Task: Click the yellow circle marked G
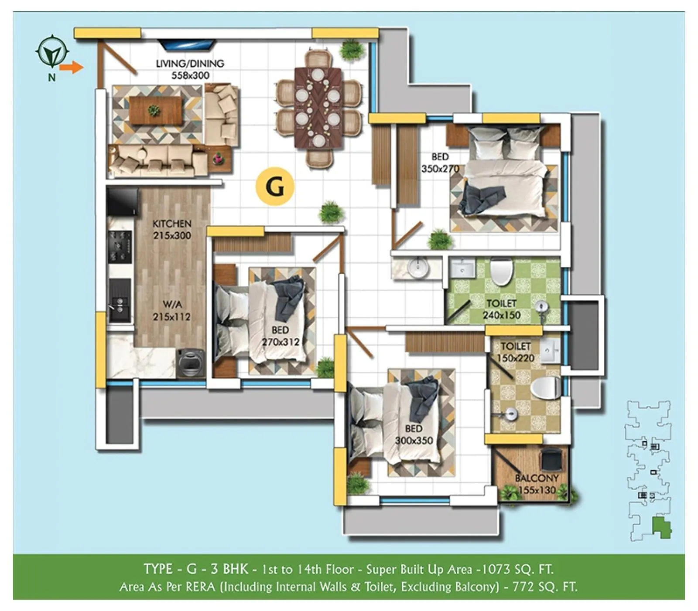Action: tap(275, 187)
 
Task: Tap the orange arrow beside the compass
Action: tap(71, 68)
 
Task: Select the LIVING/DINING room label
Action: tap(190, 69)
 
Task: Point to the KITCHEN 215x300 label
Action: tap(172, 229)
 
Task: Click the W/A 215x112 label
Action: tap(172, 311)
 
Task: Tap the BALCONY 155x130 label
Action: tap(537, 484)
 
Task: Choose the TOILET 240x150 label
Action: tap(502, 309)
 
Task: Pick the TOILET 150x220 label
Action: tap(516, 352)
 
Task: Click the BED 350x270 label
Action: tap(440, 163)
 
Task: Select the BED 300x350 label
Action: tap(414, 434)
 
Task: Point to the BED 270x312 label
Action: tap(280, 336)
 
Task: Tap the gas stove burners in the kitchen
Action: tap(120, 247)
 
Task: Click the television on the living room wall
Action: tap(186, 44)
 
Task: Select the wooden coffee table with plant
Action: tap(155, 110)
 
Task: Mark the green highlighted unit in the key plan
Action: tap(661, 528)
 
